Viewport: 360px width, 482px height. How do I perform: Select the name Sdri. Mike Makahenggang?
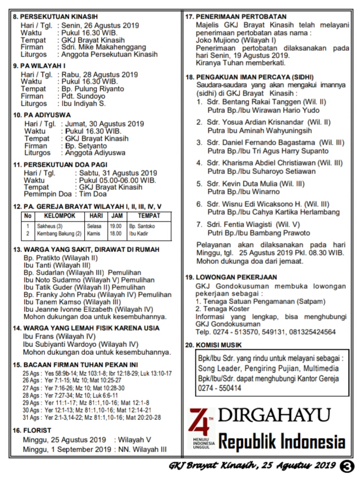[x=102, y=47]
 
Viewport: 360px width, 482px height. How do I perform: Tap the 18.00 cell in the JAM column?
[x=115, y=233]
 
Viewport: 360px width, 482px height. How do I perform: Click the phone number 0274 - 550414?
[x=217, y=388]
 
